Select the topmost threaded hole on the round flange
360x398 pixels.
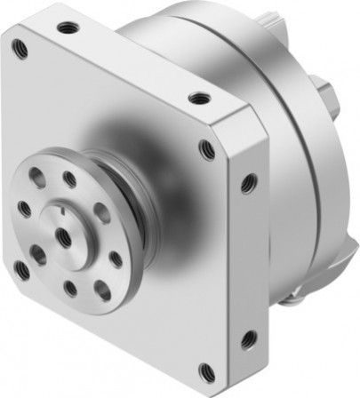click(69, 180)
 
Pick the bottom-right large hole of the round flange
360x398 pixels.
click(102, 290)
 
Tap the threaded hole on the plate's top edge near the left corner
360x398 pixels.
click(65, 28)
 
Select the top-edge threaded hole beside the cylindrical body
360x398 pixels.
click(199, 98)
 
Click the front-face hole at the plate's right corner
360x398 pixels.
click(207, 149)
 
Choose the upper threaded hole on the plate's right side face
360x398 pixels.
click(249, 184)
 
